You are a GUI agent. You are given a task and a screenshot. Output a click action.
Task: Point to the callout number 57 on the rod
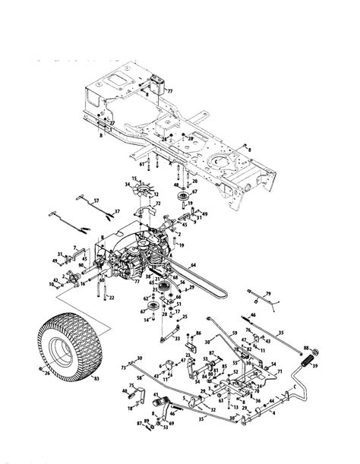point(96,200)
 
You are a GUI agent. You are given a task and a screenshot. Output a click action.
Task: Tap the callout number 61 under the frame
point(142,163)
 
